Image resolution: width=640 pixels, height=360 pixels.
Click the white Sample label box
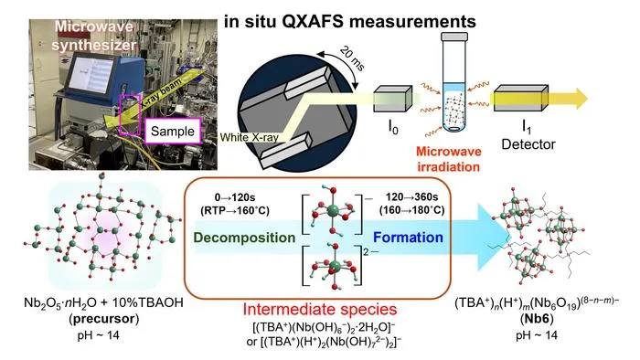coord(173,131)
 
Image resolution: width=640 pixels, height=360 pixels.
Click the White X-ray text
coord(249,137)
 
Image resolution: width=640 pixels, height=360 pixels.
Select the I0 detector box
coord(392,99)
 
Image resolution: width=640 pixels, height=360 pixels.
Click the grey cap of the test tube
coord(453,37)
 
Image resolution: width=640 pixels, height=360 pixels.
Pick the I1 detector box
coord(520,99)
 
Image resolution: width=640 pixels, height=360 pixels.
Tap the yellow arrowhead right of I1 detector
coord(580,99)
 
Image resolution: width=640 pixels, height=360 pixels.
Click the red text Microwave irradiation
coord(448,159)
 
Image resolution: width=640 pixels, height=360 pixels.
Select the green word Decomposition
coord(244,238)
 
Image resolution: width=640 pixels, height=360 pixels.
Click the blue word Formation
coord(408,238)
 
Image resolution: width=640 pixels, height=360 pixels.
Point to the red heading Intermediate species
coord(320,309)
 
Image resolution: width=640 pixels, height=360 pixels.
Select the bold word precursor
coord(104,318)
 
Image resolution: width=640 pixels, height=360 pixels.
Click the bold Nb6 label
coord(537,318)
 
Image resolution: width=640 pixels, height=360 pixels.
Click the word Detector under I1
coord(528,144)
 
